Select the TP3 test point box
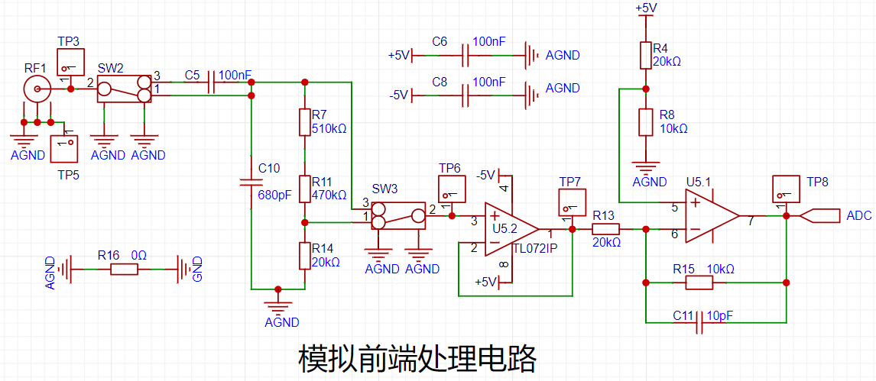pos(70,62)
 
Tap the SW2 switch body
pos(125,89)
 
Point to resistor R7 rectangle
pos(304,122)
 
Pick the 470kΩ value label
pos(329,195)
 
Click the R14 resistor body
pos(304,256)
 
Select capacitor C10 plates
pos(251,182)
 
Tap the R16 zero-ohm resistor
pos(124,270)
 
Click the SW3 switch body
pos(398,216)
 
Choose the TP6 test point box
pos(452,189)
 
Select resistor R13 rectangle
pos(605,229)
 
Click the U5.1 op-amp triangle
pos(713,216)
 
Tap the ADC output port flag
pos(819,216)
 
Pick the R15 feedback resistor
pos(699,283)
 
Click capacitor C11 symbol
pos(699,323)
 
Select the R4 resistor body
pos(645,55)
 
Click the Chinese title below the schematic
pos(417,360)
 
